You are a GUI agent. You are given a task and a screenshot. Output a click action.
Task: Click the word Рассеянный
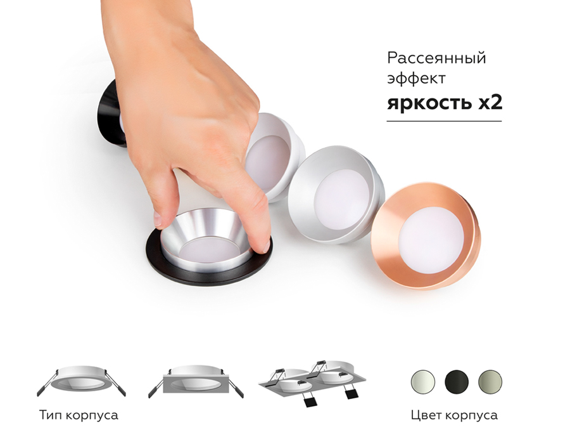click(436, 58)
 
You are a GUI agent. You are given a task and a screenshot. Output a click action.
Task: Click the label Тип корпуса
click(79, 415)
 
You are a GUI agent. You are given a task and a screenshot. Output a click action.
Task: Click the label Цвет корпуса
click(453, 415)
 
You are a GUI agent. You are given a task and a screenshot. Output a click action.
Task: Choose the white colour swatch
click(422, 382)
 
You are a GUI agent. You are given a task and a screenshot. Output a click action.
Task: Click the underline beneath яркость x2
click(444, 121)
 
